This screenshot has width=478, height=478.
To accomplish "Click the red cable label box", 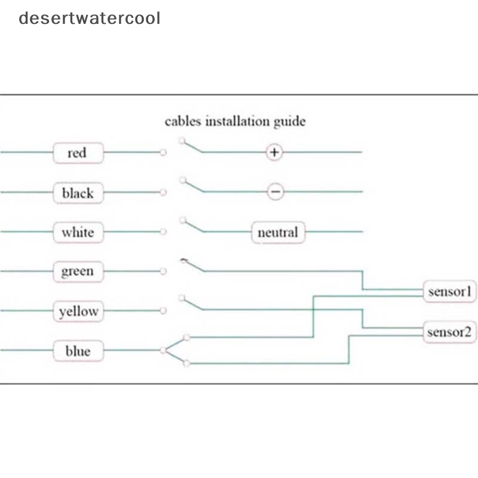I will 78,153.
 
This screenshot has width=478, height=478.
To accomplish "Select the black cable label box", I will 78,193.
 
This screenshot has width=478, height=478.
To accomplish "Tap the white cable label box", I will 78,232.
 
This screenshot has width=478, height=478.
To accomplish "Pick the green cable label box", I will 78,272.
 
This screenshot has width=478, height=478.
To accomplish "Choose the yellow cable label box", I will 78,311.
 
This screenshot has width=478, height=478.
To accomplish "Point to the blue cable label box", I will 78,351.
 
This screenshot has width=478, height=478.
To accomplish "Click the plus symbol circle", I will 274,152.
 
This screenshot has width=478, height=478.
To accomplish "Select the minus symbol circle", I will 274,192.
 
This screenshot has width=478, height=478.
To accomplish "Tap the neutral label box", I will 278,232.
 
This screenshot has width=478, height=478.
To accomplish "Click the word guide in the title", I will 290,122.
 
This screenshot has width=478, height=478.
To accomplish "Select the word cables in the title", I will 183,122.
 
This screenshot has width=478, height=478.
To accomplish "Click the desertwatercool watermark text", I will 90,18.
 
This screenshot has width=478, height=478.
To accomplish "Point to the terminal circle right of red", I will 163,153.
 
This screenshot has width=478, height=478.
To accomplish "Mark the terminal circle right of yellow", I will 163,311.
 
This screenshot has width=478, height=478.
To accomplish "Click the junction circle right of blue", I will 163,350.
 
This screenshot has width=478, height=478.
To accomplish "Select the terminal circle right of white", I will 163,232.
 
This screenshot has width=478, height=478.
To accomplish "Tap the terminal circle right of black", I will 163,192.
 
